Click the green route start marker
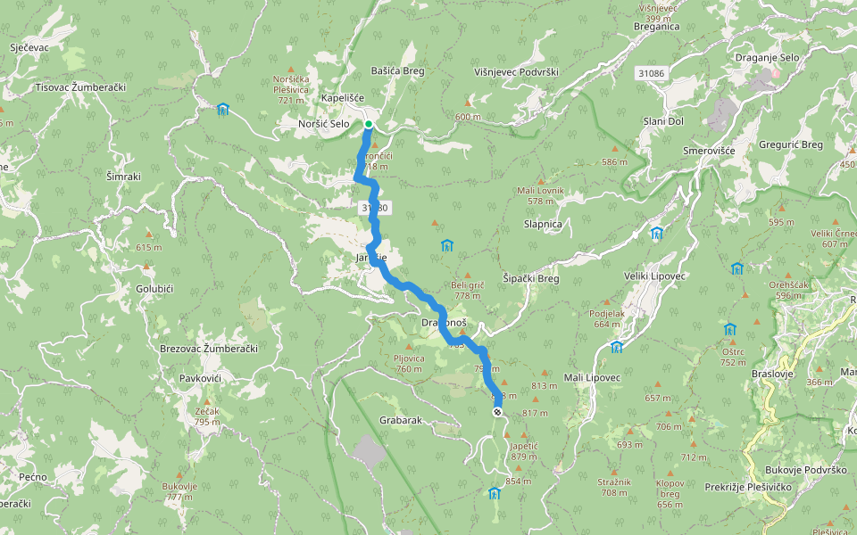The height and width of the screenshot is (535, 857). (x=368, y=124)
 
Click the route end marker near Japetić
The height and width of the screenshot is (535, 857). (x=497, y=411)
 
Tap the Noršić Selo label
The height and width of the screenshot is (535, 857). (x=324, y=124)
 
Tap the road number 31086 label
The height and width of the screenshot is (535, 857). (x=652, y=71)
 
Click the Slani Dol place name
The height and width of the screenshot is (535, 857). (x=663, y=121)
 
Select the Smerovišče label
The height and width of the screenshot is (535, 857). (x=709, y=151)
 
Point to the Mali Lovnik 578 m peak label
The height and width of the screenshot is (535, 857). (x=540, y=195)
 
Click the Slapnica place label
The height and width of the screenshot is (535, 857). (x=543, y=224)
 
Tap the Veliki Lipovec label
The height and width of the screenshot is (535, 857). (x=654, y=276)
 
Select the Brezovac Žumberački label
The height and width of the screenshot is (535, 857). (x=208, y=348)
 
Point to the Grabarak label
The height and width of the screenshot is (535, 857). (x=400, y=419)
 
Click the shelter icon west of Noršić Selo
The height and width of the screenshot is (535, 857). (x=223, y=110)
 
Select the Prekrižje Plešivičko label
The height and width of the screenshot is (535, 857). (x=748, y=487)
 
